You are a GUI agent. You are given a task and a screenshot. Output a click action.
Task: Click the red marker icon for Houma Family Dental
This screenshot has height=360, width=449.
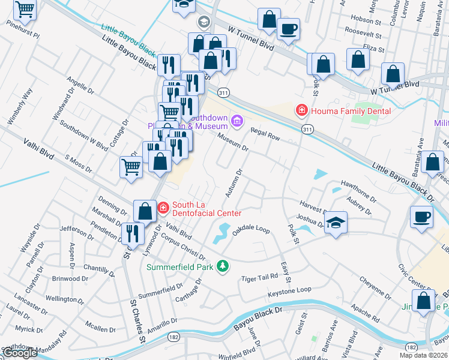(301, 111)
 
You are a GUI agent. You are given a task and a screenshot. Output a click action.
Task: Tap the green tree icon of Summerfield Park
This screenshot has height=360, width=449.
(223, 266)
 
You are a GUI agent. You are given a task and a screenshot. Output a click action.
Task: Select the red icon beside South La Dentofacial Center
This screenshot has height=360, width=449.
(163, 208)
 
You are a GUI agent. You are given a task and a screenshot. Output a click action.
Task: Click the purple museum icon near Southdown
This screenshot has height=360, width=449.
(237, 122)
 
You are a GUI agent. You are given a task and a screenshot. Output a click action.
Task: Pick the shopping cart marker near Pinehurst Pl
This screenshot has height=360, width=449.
(25, 9)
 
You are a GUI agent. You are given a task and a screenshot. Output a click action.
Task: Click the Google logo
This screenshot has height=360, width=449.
(20, 353)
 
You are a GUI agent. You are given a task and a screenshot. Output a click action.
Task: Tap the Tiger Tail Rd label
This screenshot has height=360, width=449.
(260, 277)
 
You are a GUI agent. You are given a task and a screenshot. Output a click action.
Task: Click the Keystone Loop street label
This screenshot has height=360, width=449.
(290, 291)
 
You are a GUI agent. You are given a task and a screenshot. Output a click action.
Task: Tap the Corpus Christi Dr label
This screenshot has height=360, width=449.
(184, 247)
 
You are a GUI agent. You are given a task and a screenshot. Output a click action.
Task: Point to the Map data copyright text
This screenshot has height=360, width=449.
(423, 355)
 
